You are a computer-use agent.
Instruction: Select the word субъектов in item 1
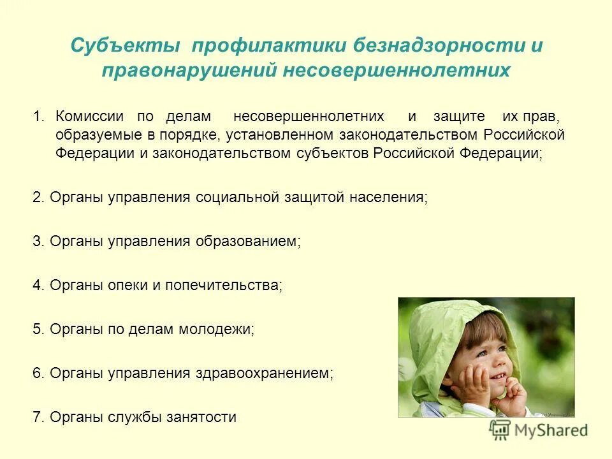coord(333,154)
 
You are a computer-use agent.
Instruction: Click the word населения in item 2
coord(388,197)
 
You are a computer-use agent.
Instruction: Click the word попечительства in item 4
coord(223,285)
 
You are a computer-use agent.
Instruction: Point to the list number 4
coord(37,285)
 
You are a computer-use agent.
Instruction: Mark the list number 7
coord(37,418)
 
